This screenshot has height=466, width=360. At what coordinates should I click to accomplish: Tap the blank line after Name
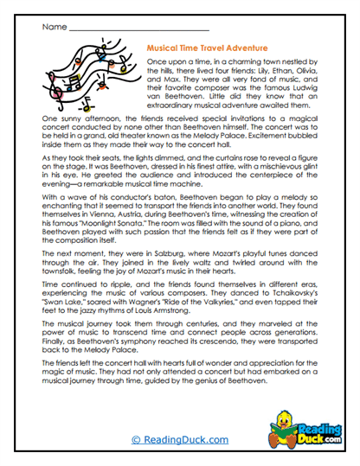[121, 29]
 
